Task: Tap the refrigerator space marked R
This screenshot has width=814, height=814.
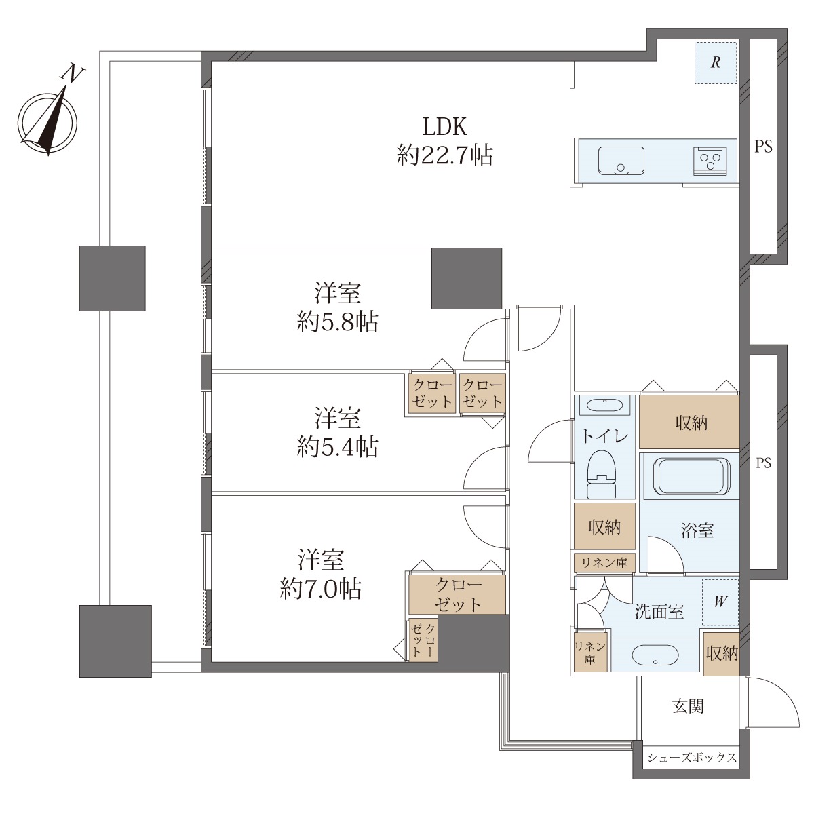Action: tap(716, 62)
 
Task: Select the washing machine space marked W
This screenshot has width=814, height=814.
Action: tap(720, 602)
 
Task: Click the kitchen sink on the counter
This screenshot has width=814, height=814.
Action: tap(621, 160)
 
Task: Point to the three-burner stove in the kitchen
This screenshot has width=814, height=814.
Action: tap(710, 161)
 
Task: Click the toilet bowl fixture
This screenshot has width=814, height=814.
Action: tap(602, 474)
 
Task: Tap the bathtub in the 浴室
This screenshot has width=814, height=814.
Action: tap(689, 476)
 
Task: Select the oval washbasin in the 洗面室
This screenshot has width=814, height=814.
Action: tap(655, 655)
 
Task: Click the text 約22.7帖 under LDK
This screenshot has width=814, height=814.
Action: tap(445, 155)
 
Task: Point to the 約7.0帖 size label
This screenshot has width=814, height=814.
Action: tap(321, 588)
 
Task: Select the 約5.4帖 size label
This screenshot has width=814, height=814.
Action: tap(337, 447)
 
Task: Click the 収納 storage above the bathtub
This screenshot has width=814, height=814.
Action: tap(689, 421)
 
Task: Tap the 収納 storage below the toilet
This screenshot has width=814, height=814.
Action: tap(604, 526)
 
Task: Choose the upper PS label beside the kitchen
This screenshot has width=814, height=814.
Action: tap(764, 147)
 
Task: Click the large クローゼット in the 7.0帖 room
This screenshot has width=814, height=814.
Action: tap(457, 595)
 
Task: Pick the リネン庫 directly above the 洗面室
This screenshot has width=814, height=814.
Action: tap(604, 562)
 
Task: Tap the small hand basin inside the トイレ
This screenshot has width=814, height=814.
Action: tap(605, 405)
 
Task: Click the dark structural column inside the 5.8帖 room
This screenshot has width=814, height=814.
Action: tap(467, 278)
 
